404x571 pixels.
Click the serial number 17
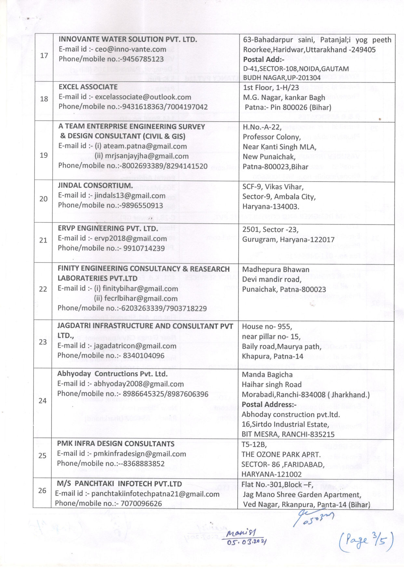[x=44, y=56]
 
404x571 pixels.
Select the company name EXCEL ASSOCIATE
[x=88, y=87]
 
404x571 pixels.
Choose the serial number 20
[x=43, y=199]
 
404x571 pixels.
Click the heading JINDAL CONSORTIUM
[x=95, y=185]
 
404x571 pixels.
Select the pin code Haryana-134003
[x=271, y=207]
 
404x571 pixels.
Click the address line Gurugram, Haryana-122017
[x=288, y=239]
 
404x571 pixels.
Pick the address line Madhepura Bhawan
[x=276, y=270]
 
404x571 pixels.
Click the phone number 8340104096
[x=144, y=356]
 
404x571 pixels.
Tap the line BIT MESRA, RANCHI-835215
[x=288, y=434]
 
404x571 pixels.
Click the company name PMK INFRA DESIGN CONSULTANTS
[x=115, y=444]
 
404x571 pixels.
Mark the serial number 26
[x=42, y=491]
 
